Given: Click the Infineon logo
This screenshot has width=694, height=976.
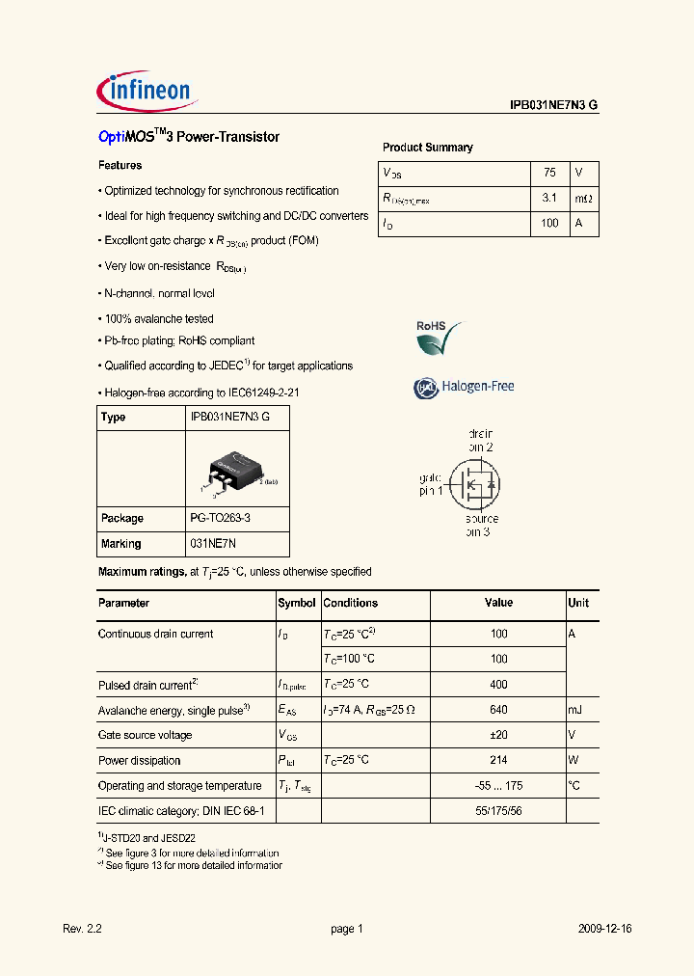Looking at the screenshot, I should click(x=147, y=91).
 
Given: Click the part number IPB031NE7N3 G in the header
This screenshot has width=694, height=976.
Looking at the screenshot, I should click(x=553, y=107).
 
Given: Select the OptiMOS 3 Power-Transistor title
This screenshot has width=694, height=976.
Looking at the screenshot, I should click(x=189, y=137).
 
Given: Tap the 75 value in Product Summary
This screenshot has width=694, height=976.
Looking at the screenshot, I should click(x=549, y=173).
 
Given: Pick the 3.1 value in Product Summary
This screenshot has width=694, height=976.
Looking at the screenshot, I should click(x=549, y=198).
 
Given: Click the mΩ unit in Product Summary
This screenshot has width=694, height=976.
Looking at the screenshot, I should click(x=584, y=198).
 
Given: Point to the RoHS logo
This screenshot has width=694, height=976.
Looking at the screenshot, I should click(x=438, y=337).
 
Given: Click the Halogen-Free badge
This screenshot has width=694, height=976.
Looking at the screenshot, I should click(x=465, y=387).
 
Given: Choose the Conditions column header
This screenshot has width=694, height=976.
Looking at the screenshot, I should click(x=351, y=603).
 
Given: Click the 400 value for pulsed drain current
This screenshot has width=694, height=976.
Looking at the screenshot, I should click(x=497, y=685).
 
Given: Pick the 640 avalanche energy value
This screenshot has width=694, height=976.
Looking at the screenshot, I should click(x=497, y=710).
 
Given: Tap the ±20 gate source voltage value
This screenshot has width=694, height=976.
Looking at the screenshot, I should click(x=497, y=735).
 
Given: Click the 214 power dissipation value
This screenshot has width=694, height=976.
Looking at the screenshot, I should click(x=497, y=760).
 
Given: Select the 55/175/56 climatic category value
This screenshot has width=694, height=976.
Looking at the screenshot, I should click(x=497, y=811).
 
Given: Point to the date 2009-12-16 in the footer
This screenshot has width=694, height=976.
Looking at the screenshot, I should click(x=605, y=929).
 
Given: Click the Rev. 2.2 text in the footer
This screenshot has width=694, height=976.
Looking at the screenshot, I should click(x=82, y=929).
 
